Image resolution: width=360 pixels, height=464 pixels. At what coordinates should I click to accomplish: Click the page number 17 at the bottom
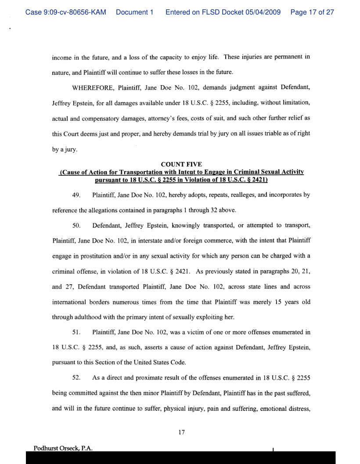[x=180, y=420]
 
